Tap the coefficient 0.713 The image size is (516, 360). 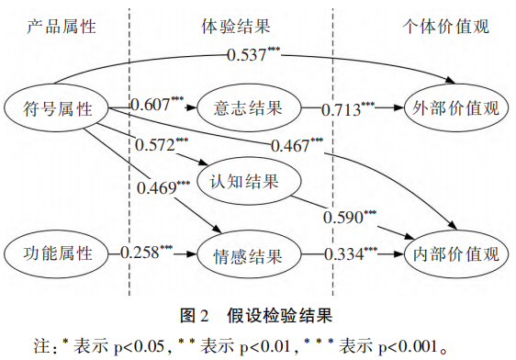click(348, 110)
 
